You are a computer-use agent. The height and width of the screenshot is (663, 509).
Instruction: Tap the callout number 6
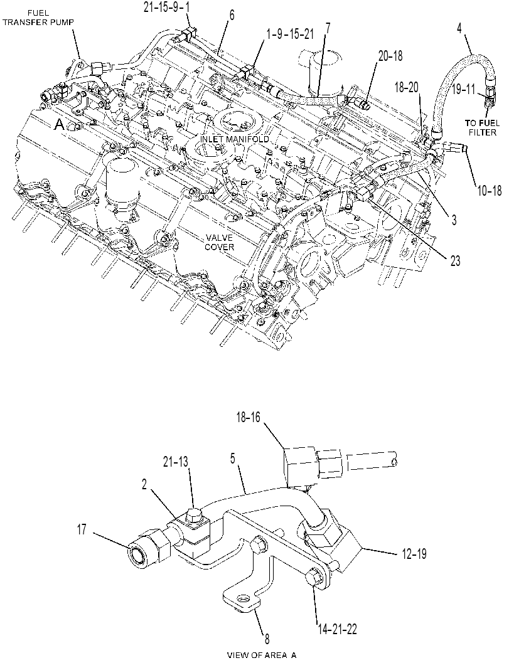coord(232,16)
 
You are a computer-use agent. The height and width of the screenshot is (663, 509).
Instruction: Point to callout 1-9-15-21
coord(290,34)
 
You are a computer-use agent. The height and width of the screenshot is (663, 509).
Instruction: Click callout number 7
coord(328,29)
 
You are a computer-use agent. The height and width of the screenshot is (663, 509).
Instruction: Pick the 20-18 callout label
coord(390,56)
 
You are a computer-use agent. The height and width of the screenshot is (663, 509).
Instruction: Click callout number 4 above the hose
coord(459,29)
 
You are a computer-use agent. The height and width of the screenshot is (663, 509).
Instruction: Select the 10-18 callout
coord(490,191)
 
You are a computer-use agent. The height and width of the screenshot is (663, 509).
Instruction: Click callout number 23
coord(455,261)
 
